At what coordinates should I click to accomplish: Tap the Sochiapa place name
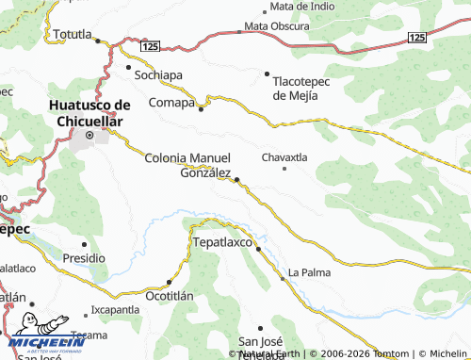158,74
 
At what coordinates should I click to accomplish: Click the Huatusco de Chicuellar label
90,113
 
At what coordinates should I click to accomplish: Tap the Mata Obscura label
278,26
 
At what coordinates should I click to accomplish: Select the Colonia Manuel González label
187,164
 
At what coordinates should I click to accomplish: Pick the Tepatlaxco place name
225,242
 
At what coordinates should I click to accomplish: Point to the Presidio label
84,257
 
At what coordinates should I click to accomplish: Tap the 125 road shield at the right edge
418,36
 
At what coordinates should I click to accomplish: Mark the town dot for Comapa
201,108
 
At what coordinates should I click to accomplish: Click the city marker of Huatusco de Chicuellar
90,137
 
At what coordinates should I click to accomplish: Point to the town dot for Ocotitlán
169,281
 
